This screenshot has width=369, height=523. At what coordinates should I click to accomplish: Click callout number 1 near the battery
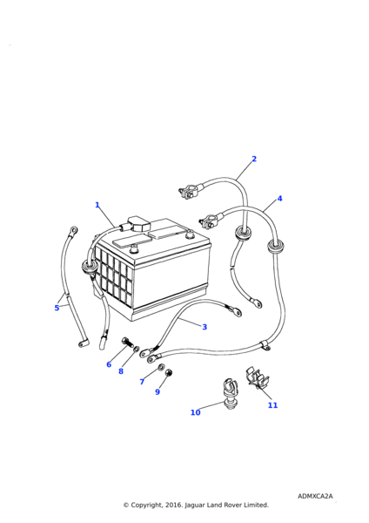[x=97, y=205]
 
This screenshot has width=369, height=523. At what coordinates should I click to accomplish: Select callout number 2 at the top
[x=254, y=159]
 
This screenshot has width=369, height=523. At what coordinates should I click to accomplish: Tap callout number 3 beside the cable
[x=205, y=327]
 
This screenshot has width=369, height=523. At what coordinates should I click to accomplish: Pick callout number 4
[x=279, y=199]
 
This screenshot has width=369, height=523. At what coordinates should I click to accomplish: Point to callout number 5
[x=57, y=308]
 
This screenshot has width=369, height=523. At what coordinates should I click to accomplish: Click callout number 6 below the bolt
[x=109, y=364]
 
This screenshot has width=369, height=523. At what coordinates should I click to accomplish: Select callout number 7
[x=142, y=382]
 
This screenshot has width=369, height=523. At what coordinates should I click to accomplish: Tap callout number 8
[x=121, y=371]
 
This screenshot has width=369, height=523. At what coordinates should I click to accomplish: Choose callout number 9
[x=158, y=392]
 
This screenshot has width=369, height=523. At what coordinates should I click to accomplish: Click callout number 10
[x=196, y=412]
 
